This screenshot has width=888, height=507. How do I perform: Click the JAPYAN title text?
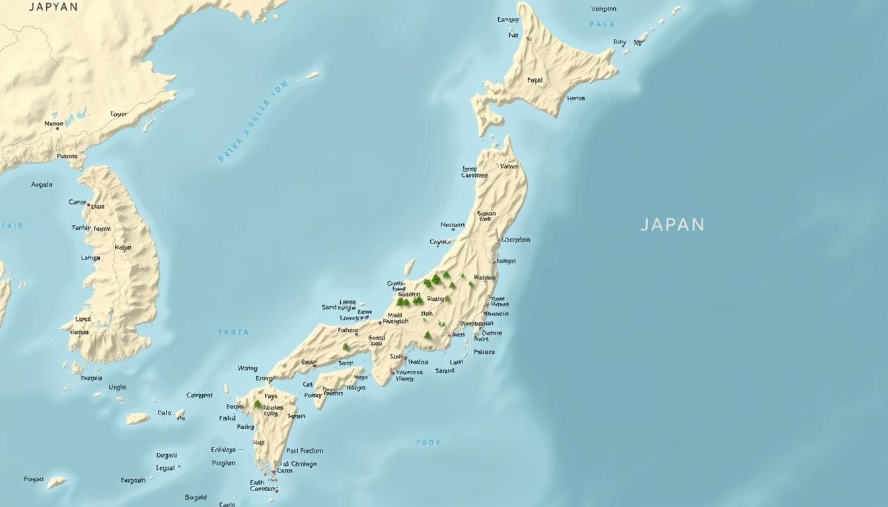pos(54,7)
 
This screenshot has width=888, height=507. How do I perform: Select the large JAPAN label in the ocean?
pos(673,224)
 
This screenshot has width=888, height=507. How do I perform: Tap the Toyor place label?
pos(118,114)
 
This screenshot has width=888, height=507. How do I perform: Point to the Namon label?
pos(54,123)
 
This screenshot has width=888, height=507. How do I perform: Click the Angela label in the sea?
pos(42,185)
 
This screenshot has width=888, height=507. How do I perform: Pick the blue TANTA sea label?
pos(234,332)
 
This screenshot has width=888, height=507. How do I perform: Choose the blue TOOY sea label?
pos(427,442)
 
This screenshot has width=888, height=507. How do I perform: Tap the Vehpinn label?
pos(603,9)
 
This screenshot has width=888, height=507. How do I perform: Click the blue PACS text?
pos(602,24)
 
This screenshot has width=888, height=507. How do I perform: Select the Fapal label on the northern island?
pos(535,81)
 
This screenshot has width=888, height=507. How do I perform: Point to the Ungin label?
pos(117,388)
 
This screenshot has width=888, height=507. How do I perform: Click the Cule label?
pos(164,413)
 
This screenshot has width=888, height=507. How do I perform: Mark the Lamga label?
pos(91,258)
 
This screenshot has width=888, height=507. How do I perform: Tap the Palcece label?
pos(484,352)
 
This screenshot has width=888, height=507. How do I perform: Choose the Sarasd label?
pos(445,371)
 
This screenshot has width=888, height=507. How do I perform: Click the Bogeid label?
pos(196,497)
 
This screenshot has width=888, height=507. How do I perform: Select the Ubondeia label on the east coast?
pos(515,240)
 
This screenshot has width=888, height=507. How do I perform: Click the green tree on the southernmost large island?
pos(257,404)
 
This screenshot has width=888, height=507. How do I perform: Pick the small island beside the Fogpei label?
pos(57,482)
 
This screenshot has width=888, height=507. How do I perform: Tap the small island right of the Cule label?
pos(180,415)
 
